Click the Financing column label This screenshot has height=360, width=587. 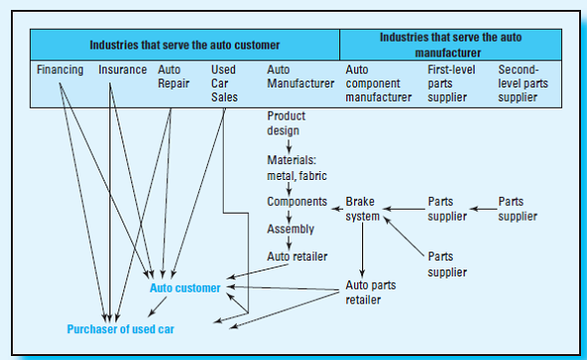click(x=60, y=71)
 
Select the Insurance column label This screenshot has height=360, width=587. click(x=121, y=71)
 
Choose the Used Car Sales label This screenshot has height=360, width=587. click(x=224, y=84)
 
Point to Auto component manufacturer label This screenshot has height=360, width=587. click(x=378, y=84)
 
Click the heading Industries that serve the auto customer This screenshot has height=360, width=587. click(x=184, y=45)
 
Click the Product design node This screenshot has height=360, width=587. click(x=287, y=123)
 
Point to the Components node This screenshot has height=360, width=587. click(x=296, y=201)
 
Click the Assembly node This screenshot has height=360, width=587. click(x=291, y=229)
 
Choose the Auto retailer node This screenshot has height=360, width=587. click(x=296, y=257)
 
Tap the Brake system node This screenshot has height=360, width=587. click(x=362, y=209)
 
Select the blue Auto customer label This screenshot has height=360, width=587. click(x=185, y=288)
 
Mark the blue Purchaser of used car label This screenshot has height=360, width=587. click(x=123, y=327)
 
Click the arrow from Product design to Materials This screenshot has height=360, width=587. click(x=289, y=145)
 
